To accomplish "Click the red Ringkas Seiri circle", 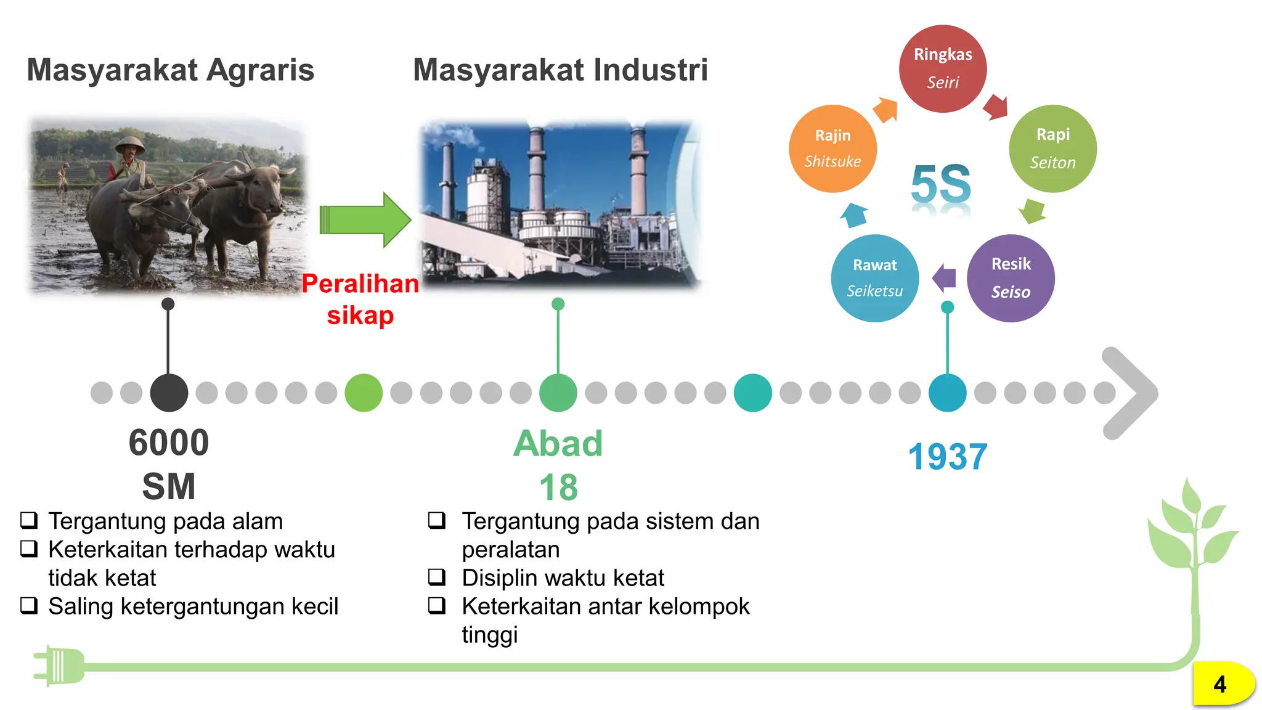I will coord(942,68).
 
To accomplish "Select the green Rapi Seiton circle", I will coord(1052,149).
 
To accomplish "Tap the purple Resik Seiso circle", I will coord(1011,278).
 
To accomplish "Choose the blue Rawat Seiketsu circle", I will coord(874,278).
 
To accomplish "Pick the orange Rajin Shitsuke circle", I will coord(833,149).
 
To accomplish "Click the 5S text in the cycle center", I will coord(940,184).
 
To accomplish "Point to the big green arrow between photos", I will coord(365,220).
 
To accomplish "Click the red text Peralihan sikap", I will coord(360,299).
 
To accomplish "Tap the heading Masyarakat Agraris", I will coord(170,70).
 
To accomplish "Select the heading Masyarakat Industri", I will coord(560,70).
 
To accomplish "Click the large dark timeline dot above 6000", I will coord(169,393).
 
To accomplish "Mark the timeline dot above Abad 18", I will coord(558,393).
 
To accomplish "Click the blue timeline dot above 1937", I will coord(947,393).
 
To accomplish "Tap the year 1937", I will coord(947,457).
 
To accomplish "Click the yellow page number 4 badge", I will coord(1222,684).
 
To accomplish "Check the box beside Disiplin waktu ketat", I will coord(437,577).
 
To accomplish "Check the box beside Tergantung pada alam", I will coord(29,521).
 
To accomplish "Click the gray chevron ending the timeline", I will coord(1131,393).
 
